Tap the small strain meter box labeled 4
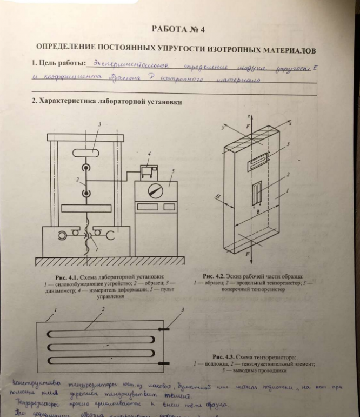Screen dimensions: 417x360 (x=146, y=171)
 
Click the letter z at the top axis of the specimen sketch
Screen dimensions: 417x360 (x=246, y=116)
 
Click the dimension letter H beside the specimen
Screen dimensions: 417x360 (x=216, y=199)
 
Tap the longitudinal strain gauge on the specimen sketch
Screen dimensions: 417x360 (x=258, y=193)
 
